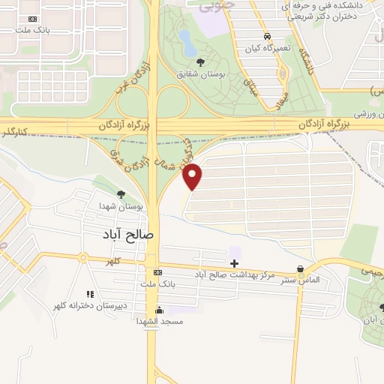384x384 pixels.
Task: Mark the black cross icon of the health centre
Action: point(235,263)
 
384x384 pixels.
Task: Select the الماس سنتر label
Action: point(300,280)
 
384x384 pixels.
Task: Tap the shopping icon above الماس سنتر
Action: point(301,268)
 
